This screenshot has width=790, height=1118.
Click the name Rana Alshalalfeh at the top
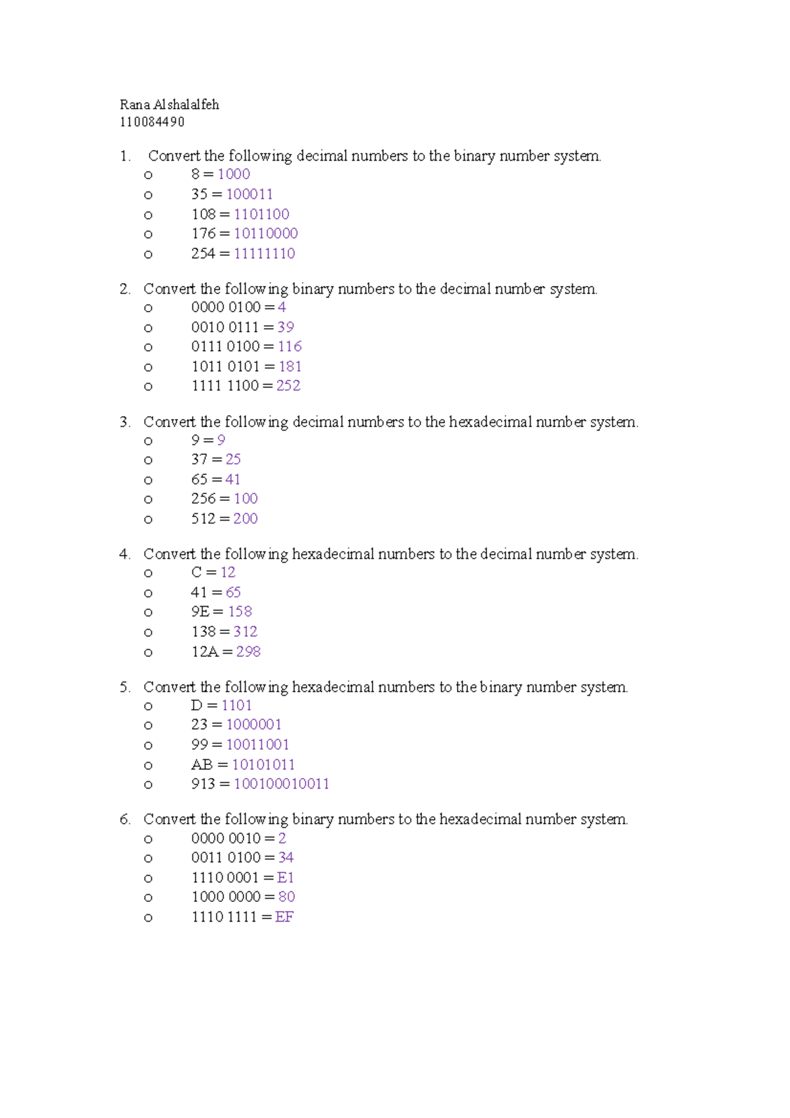(x=169, y=105)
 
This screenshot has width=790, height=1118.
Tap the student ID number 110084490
(x=152, y=122)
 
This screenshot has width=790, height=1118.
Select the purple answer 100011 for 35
(x=250, y=194)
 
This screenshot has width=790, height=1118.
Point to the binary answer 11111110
(x=265, y=254)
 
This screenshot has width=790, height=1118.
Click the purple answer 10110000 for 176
(x=266, y=234)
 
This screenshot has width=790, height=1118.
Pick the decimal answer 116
(x=290, y=347)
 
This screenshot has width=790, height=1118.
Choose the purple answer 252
(x=288, y=386)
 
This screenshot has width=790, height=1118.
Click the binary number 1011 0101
(x=225, y=366)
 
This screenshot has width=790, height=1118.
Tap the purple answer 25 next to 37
(x=233, y=459)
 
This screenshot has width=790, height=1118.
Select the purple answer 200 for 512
(x=246, y=519)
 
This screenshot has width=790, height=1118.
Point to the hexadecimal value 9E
(x=200, y=612)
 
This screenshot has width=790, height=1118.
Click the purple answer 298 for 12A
(x=248, y=652)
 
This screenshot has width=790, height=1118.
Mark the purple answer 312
(x=246, y=632)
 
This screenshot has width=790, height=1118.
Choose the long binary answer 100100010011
(x=281, y=784)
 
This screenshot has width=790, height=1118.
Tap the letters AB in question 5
(x=201, y=765)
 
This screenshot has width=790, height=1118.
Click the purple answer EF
(x=284, y=917)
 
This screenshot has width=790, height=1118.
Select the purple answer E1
(x=286, y=878)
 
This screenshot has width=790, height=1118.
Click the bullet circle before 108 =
(x=148, y=215)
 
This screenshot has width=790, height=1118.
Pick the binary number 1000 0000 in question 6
(x=226, y=897)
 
